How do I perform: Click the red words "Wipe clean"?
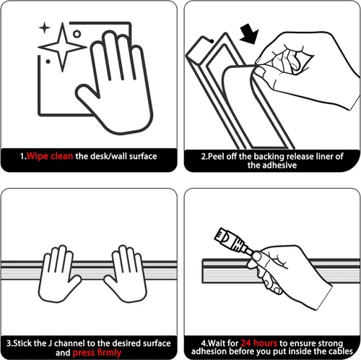pyautogui.click(x=50, y=156)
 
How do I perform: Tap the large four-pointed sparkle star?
pyautogui.click(x=62, y=47)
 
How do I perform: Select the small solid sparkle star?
pyautogui.click(x=45, y=27)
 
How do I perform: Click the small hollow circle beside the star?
pyautogui.click(x=77, y=34)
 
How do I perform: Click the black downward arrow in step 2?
pyautogui.click(x=250, y=34)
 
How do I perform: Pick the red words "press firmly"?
pyautogui.click(x=97, y=353)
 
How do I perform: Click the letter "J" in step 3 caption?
pyautogui.click(x=50, y=343)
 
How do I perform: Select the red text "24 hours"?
pyautogui.click(x=259, y=343)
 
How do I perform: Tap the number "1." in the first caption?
pyautogui.click(x=23, y=156)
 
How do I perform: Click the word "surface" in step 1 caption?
pyautogui.click(x=143, y=156)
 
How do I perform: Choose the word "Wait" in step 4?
pyautogui.click(x=217, y=343)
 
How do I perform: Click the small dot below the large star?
pyautogui.click(x=48, y=61)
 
